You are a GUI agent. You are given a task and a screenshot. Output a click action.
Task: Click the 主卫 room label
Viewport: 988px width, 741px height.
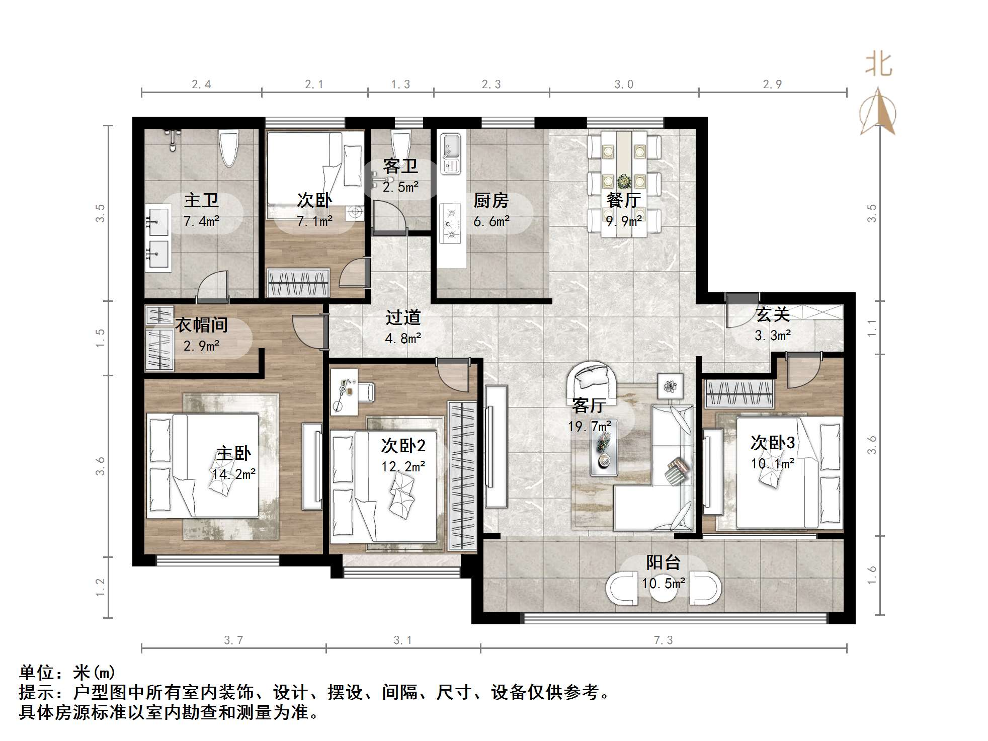[201, 201]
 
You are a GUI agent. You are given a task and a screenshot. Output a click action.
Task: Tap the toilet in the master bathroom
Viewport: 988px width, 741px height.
[229, 147]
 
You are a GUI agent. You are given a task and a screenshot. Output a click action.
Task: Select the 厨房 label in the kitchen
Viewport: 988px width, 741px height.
[491, 201]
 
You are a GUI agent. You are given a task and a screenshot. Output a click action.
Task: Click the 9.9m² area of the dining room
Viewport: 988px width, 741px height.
[623, 221]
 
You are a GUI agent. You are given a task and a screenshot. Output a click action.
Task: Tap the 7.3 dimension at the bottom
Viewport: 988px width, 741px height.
[663, 640]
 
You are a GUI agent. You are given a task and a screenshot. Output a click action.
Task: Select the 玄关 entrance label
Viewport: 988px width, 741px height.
[772, 314]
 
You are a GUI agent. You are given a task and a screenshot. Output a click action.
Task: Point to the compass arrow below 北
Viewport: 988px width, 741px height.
[878, 113]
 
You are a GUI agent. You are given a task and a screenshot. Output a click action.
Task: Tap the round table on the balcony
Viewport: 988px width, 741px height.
[663, 588]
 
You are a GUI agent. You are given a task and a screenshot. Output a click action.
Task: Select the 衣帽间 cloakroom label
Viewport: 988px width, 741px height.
[201, 325]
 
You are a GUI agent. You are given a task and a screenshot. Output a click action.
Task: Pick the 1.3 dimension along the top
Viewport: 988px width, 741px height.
[400, 85]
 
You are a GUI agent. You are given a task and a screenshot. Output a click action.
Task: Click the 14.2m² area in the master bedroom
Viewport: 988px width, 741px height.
[233, 474]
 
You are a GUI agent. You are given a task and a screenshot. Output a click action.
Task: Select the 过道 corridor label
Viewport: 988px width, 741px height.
[402, 317]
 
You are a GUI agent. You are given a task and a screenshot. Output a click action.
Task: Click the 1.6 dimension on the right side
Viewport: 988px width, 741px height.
[872, 575]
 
